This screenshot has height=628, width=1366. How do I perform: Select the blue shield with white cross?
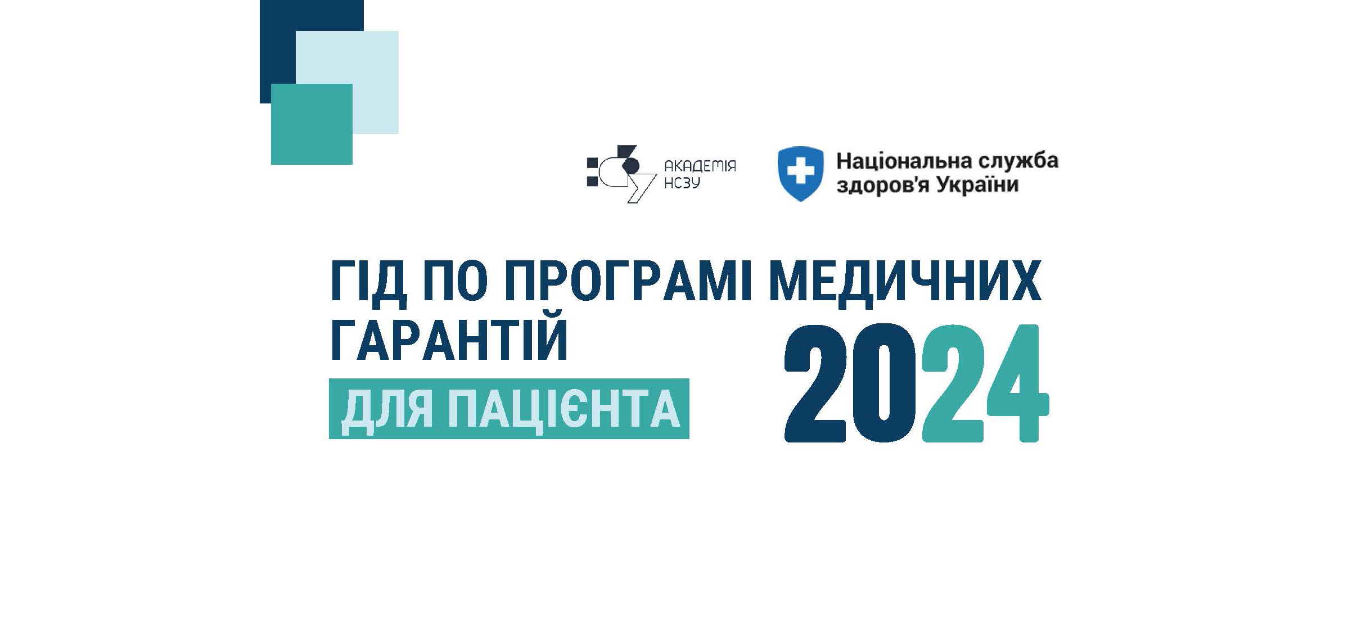coord(800,174)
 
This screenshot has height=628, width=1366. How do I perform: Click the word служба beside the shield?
coord(1018,161)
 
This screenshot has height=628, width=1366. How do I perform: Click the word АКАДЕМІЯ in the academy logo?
coord(700,166)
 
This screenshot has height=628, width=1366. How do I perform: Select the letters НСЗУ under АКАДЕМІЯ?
coord(682,183)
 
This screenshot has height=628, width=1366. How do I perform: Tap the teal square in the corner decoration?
coord(312,124)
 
